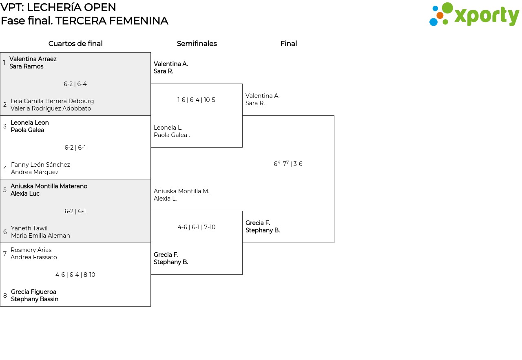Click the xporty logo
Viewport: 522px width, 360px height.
click(474, 14)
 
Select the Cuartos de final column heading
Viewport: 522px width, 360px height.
click(75, 44)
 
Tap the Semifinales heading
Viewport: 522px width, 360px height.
click(197, 44)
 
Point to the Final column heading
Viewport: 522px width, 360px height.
click(288, 44)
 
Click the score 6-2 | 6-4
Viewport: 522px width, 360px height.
click(75, 84)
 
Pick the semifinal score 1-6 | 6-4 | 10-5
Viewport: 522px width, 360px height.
click(196, 100)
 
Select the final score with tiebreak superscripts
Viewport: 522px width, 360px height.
click(288, 163)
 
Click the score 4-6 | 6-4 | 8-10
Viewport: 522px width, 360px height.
click(75, 275)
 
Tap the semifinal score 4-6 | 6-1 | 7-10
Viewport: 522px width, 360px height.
click(197, 227)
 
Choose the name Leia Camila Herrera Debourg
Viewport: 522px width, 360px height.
click(52, 101)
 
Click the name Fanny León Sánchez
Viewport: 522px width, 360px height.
click(40, 165)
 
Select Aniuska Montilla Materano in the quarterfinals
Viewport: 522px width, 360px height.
click(49, 186)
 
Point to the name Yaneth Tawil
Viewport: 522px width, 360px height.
click(29, 228)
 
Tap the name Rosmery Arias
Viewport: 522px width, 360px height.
click(31, 250)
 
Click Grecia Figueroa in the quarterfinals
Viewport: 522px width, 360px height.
click(33, 292)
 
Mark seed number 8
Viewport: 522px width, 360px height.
click(5, 296)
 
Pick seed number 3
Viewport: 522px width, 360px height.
click(4, 126)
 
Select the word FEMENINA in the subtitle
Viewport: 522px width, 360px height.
click(139, 21)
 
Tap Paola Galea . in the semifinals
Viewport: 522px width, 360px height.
click(172, 135)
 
